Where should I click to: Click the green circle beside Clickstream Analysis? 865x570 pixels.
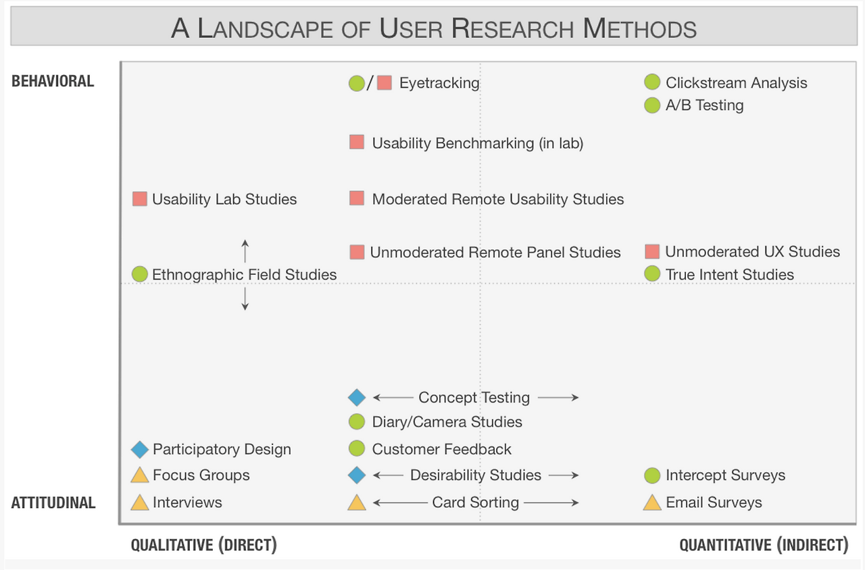652,82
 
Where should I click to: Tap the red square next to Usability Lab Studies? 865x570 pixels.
139,199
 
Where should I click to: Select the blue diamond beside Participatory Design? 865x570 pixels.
140,450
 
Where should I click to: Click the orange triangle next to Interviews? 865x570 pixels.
140,502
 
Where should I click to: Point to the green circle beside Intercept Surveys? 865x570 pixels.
652,475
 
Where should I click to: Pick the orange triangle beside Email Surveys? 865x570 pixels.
652,502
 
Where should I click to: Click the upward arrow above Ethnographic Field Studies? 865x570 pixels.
245,251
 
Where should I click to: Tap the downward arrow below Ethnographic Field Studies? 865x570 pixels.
245,299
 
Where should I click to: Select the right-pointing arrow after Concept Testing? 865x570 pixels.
558,397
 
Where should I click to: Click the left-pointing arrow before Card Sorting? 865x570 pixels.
400,502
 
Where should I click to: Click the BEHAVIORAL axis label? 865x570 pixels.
53,82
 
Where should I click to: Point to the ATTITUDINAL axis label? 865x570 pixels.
53,503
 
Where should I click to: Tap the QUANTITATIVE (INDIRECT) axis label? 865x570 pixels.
764,545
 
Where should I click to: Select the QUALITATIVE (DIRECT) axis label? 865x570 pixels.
204,545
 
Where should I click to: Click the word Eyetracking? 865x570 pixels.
439,83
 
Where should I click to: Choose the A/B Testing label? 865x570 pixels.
704,105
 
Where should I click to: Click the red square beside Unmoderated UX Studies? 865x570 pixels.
652,252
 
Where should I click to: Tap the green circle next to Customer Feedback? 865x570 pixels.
356,448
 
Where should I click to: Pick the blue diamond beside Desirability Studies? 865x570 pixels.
357,475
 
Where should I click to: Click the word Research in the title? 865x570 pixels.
512,28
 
